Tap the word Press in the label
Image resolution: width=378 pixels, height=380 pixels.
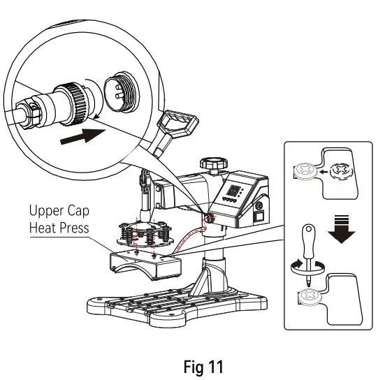[x=73, y=228]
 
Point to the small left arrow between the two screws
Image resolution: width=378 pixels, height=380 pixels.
[x=326, y=170]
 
